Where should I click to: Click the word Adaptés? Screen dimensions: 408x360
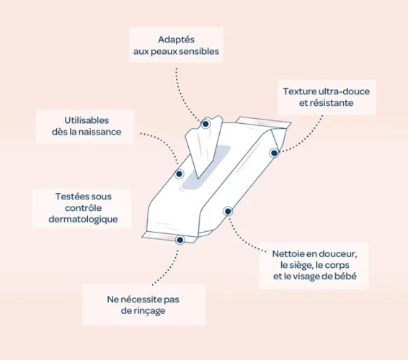176,40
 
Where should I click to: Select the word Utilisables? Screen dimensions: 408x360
87,120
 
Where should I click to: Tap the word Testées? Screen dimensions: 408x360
68,197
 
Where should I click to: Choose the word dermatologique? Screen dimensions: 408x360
84,220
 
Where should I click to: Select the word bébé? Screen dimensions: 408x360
345,276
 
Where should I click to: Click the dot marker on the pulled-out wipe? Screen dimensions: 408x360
205,124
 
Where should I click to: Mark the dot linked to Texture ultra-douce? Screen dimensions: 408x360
274,153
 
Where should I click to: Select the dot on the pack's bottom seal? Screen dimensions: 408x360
179,240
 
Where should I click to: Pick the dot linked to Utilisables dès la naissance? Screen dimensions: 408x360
179,174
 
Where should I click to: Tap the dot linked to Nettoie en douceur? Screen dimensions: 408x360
228,212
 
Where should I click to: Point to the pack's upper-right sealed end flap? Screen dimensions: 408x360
263,122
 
